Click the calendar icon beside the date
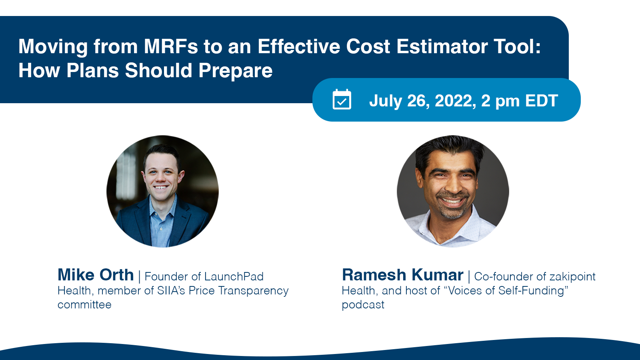click(342, 100)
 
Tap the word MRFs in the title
click(171, 46)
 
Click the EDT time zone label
click(542, 100)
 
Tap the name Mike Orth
click(96, 275)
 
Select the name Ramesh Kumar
click(402, 275)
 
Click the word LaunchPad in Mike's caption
click(234, 276)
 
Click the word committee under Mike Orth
click(84, 305)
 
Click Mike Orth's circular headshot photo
click(162, 191)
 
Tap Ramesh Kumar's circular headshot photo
click(453, 191)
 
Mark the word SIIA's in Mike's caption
click(172, 291)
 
